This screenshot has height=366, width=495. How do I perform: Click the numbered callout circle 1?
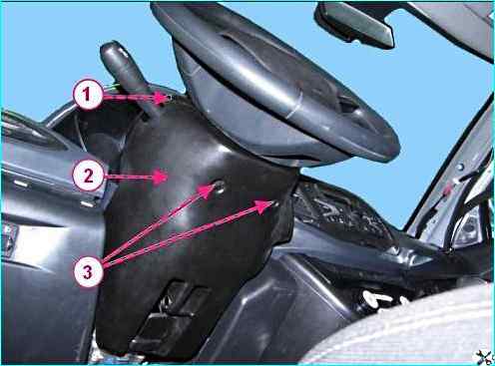click(87, 94)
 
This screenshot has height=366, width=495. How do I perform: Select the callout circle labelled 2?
click(88, 176)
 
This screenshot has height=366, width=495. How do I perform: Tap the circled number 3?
click(87, 272)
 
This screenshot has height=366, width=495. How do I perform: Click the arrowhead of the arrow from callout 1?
click(166, 98)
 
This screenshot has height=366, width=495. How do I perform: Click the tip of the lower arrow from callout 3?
click(274, 201)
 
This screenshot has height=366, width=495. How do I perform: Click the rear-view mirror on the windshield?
click(355, 24)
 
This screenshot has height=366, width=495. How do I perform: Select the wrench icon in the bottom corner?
click(484, 357)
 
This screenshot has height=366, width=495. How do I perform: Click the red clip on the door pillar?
click(448, 189)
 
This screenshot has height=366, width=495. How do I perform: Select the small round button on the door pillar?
click(461, 167)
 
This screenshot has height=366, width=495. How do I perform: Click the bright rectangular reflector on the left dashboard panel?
click(21, 183)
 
